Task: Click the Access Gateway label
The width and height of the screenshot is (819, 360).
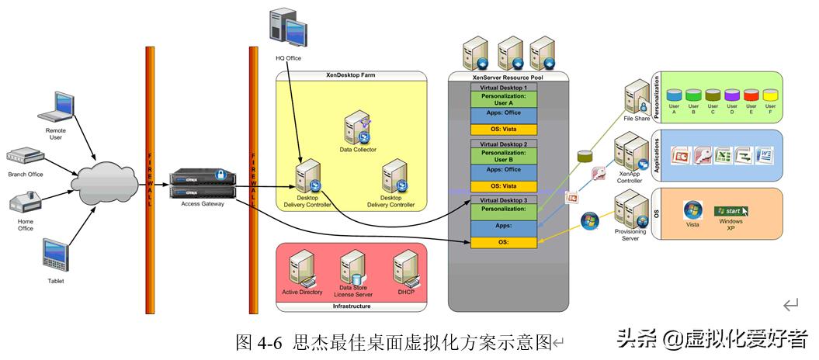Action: coord(201,204)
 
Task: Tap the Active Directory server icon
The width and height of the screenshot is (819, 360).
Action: coord(301,272)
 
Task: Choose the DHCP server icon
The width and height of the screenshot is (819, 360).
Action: coord(406,269)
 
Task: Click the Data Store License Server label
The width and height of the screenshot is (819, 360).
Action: coord(354,292)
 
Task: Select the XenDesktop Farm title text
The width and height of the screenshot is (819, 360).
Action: coord(352,75)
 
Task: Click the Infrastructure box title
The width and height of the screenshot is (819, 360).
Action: coord(352,306)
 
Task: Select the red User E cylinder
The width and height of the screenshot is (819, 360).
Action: coord(751,97)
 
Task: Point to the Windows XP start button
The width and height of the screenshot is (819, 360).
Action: coord(731,210)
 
